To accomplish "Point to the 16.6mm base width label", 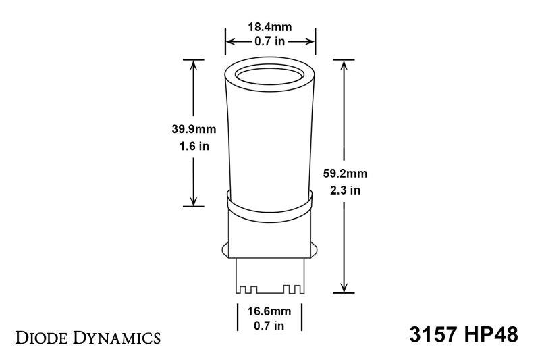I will point(269,313).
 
